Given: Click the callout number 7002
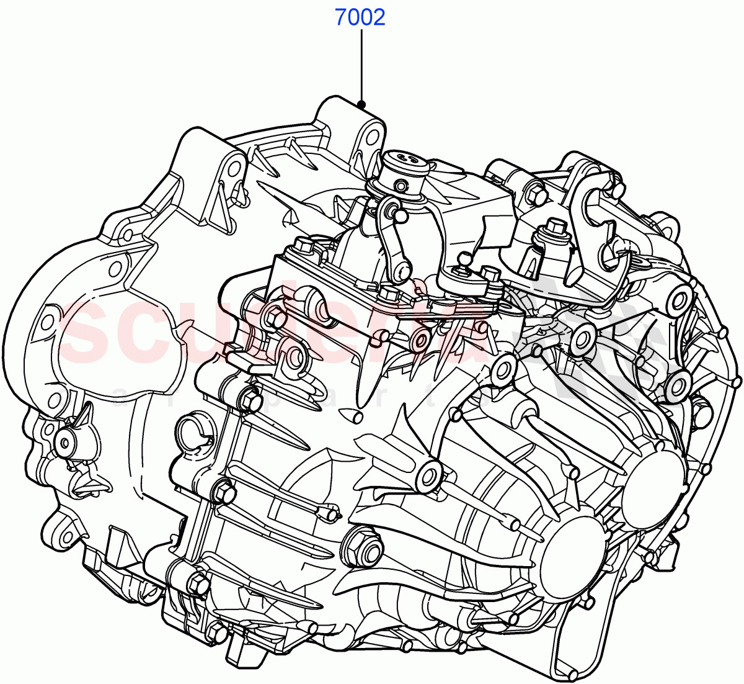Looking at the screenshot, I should click(x=360, y=17).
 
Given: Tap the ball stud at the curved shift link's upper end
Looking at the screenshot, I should click(x=401, y=215).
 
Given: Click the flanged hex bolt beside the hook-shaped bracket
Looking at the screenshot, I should click(x=551, y=228).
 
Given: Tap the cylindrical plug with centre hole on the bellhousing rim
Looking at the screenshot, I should click(x=64, y=441).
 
